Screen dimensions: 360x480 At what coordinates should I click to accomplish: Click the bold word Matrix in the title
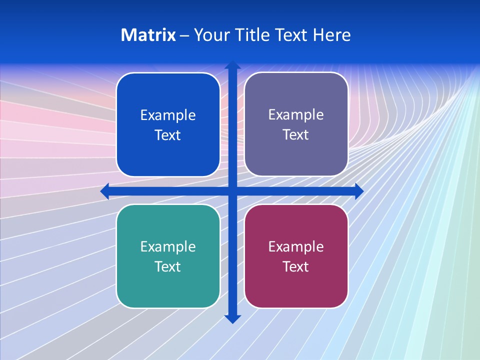point(148,35)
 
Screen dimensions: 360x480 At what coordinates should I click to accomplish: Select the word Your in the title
point(210,35)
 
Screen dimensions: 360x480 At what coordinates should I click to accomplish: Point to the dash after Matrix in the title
point(184,35)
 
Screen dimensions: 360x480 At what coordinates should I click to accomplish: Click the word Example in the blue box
point(168,115)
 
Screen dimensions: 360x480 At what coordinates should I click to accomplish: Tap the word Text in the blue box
point(168,135)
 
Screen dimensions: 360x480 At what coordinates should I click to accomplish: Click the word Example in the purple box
point(296,115)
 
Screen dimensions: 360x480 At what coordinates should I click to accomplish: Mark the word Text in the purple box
point(296,135)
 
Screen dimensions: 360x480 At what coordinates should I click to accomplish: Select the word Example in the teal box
point(168,247)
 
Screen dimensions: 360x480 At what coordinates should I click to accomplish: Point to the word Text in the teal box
point(168,266)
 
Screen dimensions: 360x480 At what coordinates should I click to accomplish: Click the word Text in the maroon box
point(296,266)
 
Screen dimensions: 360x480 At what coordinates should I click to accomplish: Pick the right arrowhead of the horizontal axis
point(359,191)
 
